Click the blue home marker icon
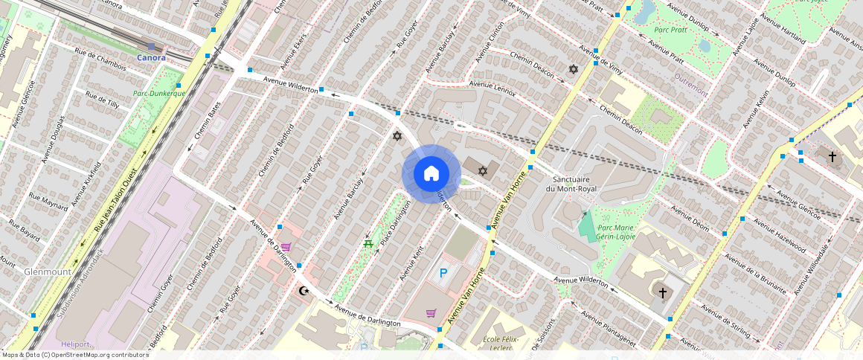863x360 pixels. point(431,173)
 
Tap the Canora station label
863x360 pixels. point(151,57)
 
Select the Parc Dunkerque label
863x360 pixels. point(158,94)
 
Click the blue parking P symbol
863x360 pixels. point(444,273)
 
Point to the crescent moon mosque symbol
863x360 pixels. point(303,291)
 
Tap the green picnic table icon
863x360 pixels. point(368,243)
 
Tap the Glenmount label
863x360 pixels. point(48,272)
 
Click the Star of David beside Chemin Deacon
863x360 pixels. point(573,69)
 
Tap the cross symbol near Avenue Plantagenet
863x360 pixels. point(662,293)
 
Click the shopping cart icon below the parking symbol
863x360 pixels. point(430,313)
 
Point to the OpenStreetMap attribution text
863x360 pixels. point(76,355)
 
